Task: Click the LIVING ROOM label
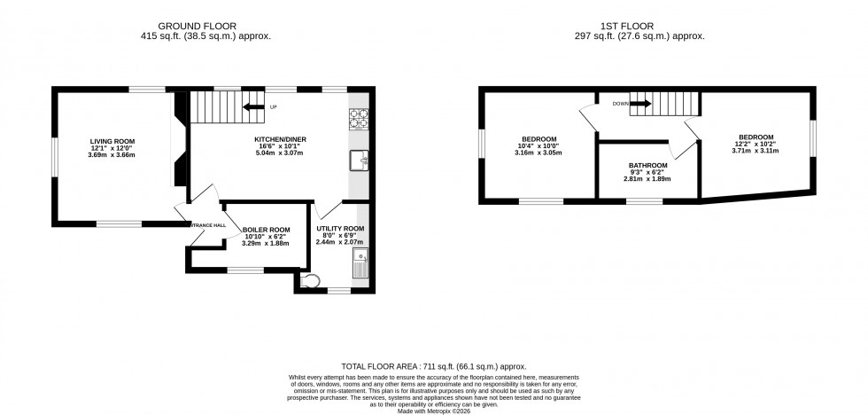pos(111,141)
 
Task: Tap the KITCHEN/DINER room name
pos(269,139)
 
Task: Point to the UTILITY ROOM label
pos(340,230)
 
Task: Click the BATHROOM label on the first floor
pos(647,166)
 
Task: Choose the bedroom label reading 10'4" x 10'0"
pos(539,139)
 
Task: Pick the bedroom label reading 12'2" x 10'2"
pos(756,138)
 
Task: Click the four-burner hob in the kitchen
pos(359,118)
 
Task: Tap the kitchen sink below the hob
pos(359,160)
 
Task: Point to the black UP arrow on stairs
pos(254,108)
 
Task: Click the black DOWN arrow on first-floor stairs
pos(641,104)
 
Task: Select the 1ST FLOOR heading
pos(645,26)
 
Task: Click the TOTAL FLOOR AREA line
pos(434,365)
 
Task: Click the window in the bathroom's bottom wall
pos(644,201)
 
